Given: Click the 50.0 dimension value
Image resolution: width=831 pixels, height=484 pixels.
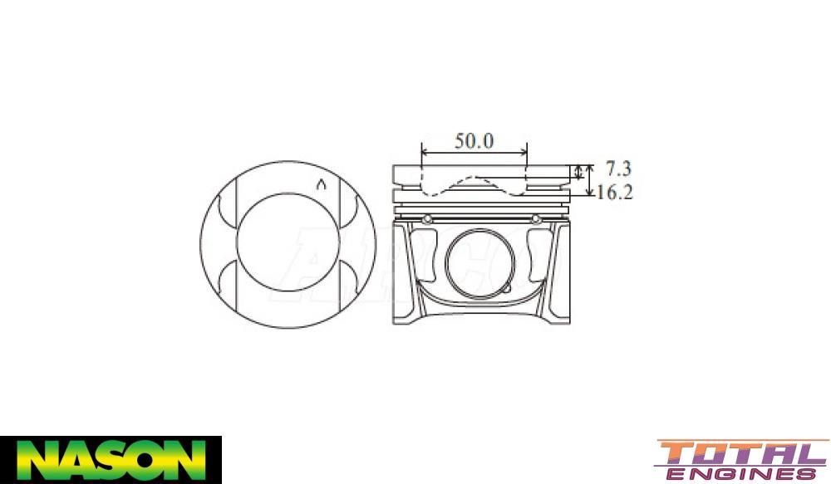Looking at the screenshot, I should click(x=474, y=140).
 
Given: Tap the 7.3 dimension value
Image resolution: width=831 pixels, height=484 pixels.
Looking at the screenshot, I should click(x=617, y=169).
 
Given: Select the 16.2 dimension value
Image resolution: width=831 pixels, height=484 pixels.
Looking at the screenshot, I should click(x=615, y=193).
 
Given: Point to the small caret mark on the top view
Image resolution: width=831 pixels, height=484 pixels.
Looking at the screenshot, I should click(x=321, y=183).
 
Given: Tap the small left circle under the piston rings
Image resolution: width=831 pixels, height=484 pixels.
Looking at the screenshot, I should click(x=427, y=219).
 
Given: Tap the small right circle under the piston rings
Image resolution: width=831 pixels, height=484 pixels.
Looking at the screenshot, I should click(x=536, y=219).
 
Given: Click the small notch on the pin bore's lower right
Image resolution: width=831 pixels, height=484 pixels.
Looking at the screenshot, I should click(x=506, y=291).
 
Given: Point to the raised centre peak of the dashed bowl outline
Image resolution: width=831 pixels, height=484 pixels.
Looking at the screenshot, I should click(x=475, y=178).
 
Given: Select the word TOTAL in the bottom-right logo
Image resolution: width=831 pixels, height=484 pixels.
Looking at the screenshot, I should click(x=740, y=454).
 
